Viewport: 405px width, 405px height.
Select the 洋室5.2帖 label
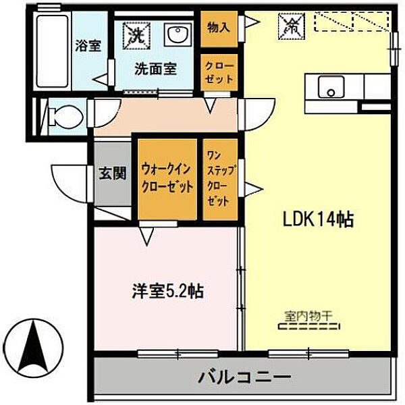point(167,292)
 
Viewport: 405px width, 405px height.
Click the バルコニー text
point(244,375)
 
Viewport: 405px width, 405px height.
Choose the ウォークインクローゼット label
point(167,178)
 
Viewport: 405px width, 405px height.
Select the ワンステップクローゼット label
point(220,180)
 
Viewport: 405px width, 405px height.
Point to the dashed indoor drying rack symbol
point(308,326)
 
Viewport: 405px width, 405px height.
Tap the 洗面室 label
point(155,68)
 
